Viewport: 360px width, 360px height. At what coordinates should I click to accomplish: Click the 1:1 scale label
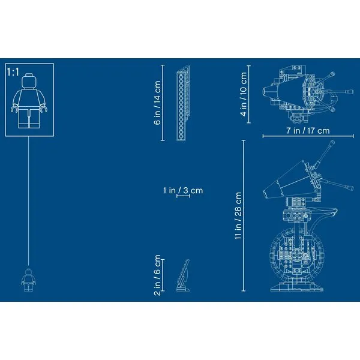click(x=13, y=72)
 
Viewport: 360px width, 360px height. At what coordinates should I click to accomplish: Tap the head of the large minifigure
click(x=29, y=81)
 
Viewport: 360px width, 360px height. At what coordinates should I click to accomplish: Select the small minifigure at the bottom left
click(x=28, y=280)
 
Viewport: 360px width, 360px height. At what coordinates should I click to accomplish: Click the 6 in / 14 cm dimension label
click(x=157, y=103)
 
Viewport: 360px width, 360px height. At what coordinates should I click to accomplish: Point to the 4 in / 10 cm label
click(x=244, y=94)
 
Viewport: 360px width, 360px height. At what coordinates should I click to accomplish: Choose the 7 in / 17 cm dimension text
click(x=308, y=131)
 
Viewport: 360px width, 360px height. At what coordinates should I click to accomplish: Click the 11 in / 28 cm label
click(x=238, y=216)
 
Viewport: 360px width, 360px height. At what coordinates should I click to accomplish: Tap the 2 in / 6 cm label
click(x=157, y=275)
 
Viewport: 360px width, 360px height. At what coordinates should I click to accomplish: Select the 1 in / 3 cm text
click(x=183, y=190)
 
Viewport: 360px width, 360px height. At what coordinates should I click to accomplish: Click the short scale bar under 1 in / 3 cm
click(x=183, y=196)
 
